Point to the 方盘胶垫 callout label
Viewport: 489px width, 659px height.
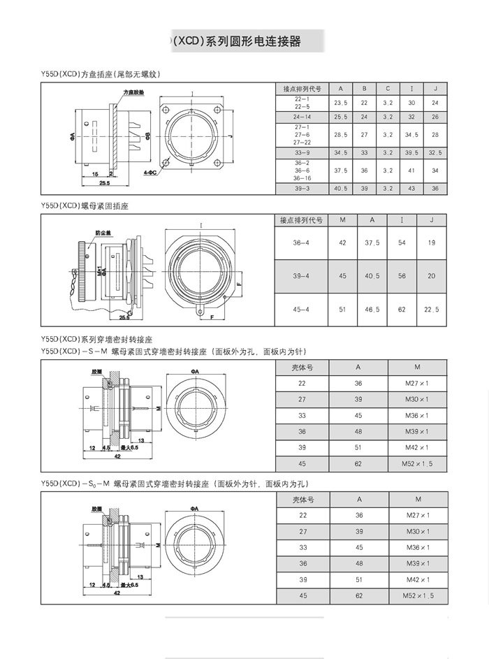point(133,92)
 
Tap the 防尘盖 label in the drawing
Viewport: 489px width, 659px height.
point(103,235)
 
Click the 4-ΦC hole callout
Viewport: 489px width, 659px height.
point(149,171)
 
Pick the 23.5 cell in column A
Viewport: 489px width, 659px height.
point(341,102)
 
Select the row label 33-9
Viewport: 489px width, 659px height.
point(302,152)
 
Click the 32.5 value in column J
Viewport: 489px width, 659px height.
point(435,152)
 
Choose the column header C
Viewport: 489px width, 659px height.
point(388,89)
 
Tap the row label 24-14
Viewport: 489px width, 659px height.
point(302,116)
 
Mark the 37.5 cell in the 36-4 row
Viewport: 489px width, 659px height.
point(372,242)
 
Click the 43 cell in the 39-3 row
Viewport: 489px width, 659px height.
point(411,189)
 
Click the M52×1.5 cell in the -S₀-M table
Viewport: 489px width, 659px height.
point(418,595)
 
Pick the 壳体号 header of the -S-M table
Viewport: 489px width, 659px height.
point(302,368)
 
